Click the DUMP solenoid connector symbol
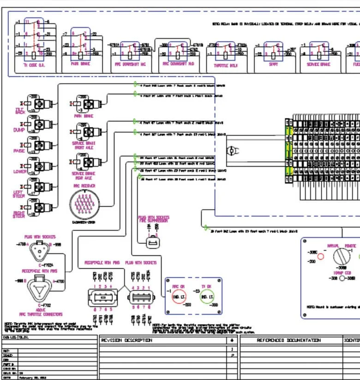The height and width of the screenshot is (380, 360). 38,125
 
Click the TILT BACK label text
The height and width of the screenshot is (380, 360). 19,111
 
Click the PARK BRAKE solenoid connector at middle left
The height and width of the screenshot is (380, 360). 84,104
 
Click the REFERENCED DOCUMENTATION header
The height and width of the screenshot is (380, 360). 288,340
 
